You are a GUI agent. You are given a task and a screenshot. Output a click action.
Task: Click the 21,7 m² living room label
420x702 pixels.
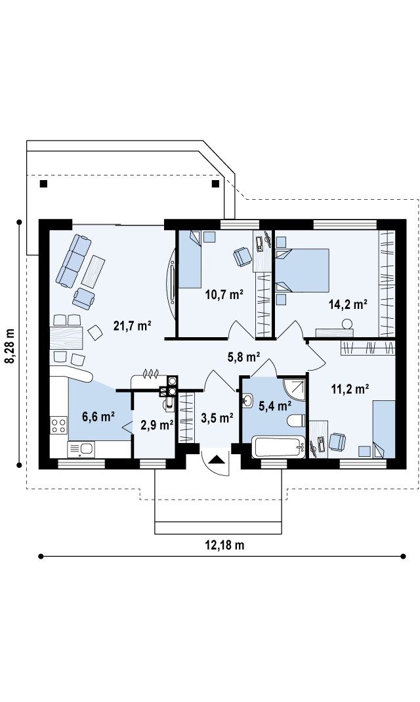(133, 325)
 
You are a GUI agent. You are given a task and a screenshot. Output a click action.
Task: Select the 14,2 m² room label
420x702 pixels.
(348, 304)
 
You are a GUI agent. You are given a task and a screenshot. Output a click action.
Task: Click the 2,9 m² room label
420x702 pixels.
(157, 425)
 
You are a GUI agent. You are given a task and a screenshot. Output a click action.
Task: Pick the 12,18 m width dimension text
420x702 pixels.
(224, 545)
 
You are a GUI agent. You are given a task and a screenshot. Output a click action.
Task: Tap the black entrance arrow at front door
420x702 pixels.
(217, 459)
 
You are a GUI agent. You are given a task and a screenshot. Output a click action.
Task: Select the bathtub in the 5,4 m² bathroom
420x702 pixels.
(278, 448)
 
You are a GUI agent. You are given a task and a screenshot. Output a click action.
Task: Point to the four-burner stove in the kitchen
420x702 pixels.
(58, 425)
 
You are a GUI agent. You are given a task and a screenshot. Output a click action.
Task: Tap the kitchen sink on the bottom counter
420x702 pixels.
(81, 448)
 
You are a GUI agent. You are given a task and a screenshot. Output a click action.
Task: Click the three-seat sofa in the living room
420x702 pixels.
(73, 260)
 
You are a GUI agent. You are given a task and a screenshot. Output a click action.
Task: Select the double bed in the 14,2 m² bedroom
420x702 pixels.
(302, 270)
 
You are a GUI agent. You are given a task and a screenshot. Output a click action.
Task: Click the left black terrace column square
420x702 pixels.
(43, 183)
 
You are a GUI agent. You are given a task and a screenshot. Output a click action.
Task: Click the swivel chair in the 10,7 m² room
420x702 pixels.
(242, 256)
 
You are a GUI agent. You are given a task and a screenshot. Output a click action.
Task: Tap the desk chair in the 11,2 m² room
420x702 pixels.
(337, 442)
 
